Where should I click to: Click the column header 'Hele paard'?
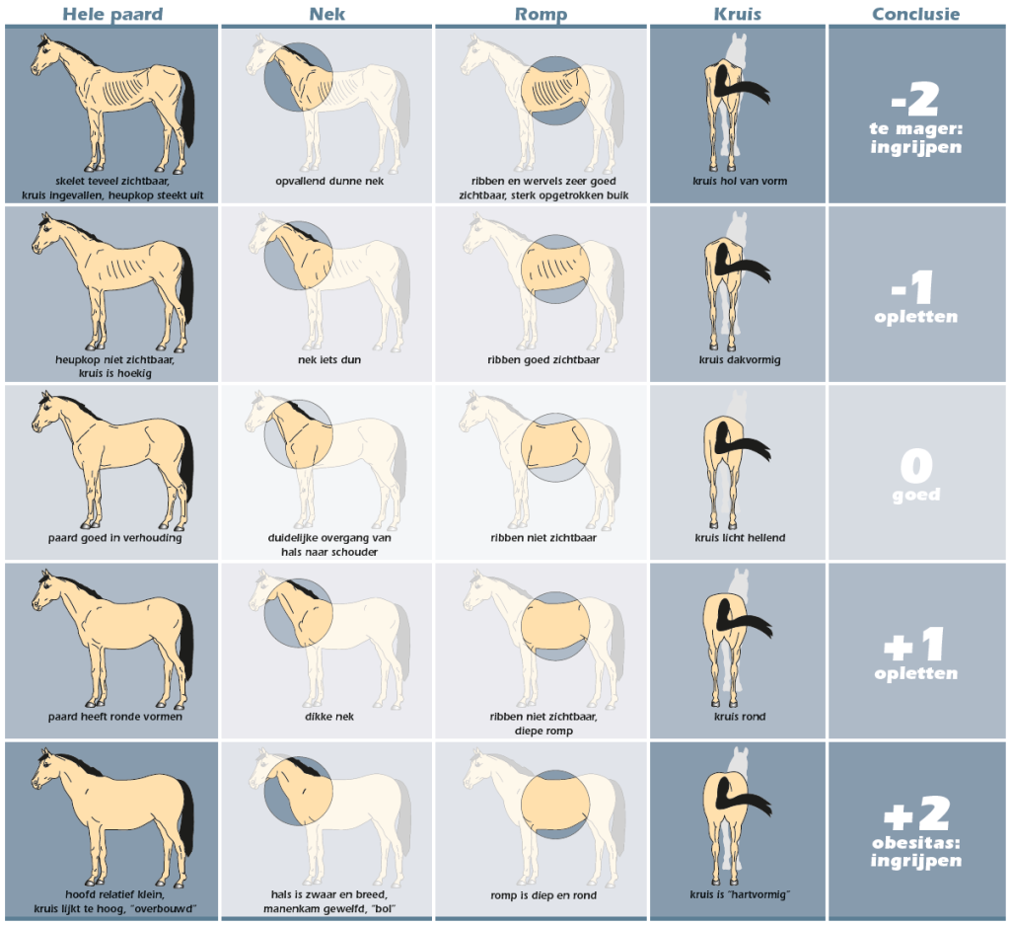(112, 14)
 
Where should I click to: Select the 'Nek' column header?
(327, 14)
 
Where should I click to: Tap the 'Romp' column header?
(541, 14)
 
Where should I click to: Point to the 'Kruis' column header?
(738, 14)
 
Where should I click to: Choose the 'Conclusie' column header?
(916, 14)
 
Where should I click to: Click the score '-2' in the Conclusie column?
(915, 100)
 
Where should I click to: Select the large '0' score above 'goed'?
(916, 465)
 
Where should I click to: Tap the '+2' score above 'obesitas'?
(916, 813)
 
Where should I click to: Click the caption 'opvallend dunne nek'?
(329, 181)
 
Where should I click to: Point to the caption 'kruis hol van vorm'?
(740, 181)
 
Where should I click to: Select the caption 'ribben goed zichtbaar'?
(543, 359)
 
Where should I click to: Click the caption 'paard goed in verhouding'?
(114, 538)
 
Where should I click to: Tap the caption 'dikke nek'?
(329, 716)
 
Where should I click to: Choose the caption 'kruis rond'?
(740, 716)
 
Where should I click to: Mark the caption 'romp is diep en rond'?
(543, 895)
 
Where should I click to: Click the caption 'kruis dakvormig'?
(740, 359)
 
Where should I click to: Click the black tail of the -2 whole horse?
(186, 109)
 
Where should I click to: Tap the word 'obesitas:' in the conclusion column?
(916, 843)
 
